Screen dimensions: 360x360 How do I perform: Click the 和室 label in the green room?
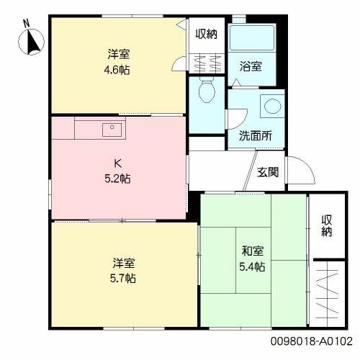[252, 252]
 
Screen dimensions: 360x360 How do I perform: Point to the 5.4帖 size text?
[252, 267]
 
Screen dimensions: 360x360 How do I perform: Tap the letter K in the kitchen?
[115, 163]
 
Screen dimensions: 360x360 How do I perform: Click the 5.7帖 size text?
[124, 278]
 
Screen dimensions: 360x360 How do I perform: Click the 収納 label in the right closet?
[326, 226]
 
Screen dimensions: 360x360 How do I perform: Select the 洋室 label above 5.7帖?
[124, 264]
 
